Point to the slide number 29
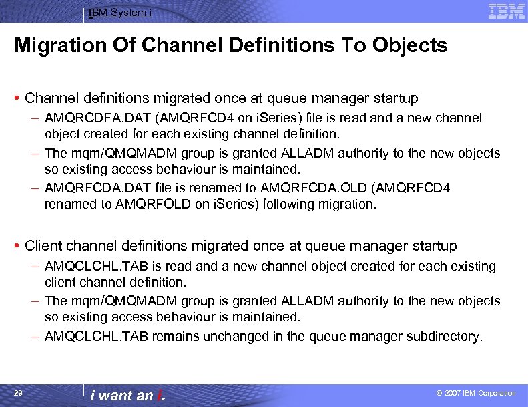point(19,393)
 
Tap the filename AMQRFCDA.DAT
point(93,188)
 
